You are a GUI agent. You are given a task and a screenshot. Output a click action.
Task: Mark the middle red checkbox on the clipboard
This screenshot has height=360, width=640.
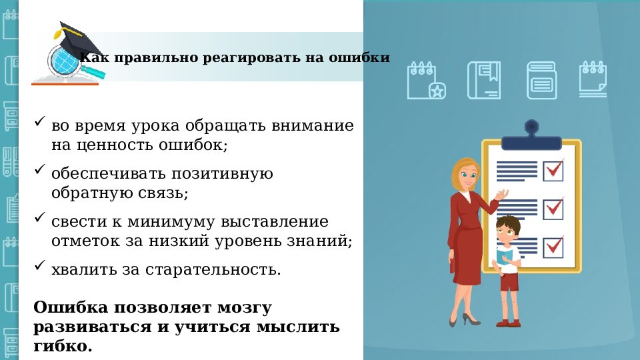[x=553, y=208]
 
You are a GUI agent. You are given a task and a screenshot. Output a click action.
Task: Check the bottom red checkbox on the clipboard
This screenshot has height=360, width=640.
[x=553, y=247]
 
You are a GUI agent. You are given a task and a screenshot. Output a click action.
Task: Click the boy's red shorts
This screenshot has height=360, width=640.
[x=509, y=283]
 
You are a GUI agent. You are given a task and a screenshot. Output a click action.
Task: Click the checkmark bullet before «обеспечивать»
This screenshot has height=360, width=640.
[x=39, y=171]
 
